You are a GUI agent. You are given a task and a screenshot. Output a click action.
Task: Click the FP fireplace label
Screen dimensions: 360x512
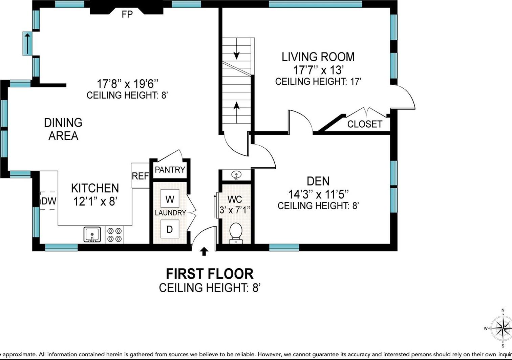(x=127, y=14)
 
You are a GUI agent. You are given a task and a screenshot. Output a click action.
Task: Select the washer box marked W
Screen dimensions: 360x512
(x=170, y=199)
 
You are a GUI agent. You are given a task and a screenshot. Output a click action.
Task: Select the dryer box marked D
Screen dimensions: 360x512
(x=170, y=229)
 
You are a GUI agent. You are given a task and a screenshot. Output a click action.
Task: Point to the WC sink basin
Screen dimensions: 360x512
(x=236, y=175)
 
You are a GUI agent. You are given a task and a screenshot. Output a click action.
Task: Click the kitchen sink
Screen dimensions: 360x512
(x=92, y=234)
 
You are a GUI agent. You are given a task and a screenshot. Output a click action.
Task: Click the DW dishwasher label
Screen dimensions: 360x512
(x=49, y=201)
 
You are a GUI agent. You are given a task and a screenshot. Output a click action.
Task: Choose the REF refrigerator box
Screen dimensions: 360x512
(x=140, y=176)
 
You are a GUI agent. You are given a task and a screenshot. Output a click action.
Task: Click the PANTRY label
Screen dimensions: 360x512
(x=170, y=170)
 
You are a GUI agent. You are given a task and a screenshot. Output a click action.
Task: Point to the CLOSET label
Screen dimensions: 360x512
(x=365, y=124)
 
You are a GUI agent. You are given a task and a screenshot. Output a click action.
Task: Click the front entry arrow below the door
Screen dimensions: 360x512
(x=204, y=251)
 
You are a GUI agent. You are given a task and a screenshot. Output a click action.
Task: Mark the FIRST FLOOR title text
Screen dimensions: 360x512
(x=210, y=274)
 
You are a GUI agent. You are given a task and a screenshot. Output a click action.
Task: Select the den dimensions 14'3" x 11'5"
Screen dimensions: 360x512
(x=318, y=194)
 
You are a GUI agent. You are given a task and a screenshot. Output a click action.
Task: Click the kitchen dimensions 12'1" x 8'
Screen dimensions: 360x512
(x=95, y=201)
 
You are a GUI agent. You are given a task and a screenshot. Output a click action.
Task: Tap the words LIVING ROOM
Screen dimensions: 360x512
(x=318, y=57)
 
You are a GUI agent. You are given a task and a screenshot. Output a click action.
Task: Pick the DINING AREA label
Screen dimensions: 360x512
(x=63, y=129)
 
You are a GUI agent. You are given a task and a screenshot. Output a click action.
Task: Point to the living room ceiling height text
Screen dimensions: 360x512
(x=318, y=82)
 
